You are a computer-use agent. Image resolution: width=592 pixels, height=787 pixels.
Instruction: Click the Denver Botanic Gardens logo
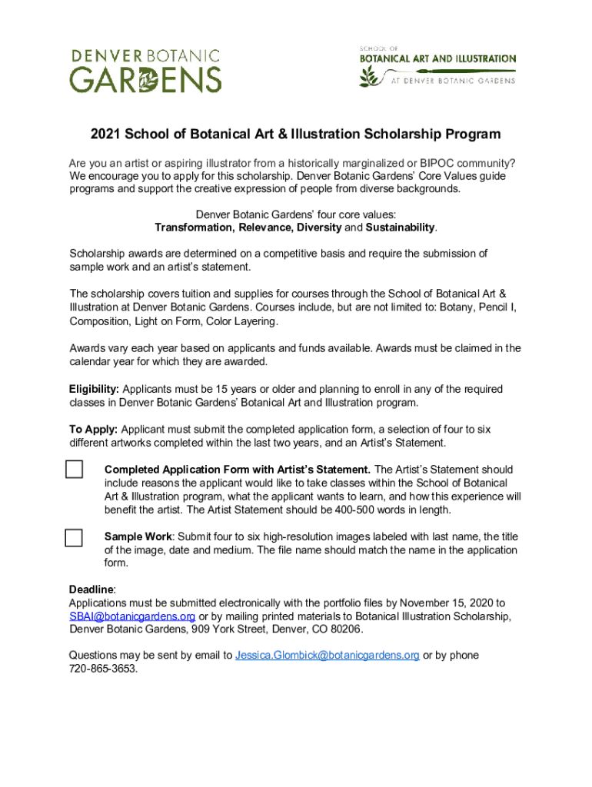(146, 71)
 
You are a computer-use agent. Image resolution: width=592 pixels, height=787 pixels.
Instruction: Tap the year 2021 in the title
(105, 134)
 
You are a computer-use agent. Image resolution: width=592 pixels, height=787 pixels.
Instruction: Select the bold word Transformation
(194, 227)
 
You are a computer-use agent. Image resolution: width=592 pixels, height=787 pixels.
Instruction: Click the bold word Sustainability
(400, 227)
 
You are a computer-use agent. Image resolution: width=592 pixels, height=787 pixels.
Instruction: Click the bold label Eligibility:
(95, 389)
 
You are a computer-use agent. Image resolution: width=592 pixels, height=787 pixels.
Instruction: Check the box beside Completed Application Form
(74, 469)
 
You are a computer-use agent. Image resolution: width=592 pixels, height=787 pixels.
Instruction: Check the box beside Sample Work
(74, 537)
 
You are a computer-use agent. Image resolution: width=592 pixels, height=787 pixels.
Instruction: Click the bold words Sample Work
(136, 536)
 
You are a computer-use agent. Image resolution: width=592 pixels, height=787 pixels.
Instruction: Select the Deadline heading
(92, 589)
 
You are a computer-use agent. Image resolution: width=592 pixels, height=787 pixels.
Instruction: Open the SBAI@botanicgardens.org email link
(132, 616)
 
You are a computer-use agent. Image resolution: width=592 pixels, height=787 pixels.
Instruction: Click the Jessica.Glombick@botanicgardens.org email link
(328, 655)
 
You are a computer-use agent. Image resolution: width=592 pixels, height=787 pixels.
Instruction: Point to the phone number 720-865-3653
(103, 669)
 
